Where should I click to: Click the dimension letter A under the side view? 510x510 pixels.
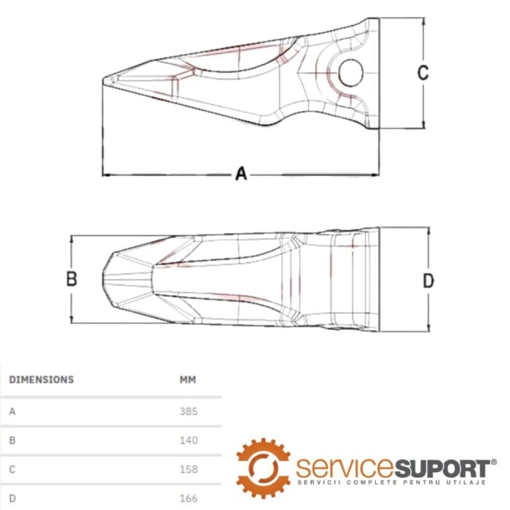(241, 173)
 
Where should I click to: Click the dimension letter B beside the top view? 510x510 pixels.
(71, 279)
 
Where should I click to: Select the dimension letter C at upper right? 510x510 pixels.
(423, 73)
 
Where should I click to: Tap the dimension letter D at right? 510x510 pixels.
(428, 280)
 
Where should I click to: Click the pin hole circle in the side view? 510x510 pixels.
(350, 73)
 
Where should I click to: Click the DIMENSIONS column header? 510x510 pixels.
(42, 380)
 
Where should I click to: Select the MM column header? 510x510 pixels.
(188, 380)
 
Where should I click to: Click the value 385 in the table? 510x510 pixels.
(189, 412)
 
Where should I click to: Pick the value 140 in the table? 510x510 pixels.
(189, 440)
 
